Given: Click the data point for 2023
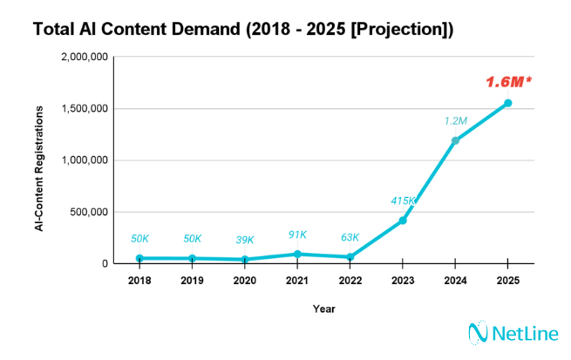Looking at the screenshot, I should [x=402, y=221].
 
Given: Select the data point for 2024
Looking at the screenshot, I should [x=454, y=140].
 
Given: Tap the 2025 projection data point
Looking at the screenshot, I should [x=507, y=103].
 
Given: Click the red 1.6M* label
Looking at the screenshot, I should [x=508, y=82].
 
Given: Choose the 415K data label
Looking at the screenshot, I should [x=403, y=200].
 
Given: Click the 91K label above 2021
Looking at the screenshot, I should [x=297, y=234].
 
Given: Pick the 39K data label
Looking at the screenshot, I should [x=245, y=240].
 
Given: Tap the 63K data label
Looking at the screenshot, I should [x=350, y=236].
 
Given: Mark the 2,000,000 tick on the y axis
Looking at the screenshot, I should [x=85, y=58].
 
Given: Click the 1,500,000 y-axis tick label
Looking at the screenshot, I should [x=85, y=109].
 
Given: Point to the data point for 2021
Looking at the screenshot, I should [x=297, y=254].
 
